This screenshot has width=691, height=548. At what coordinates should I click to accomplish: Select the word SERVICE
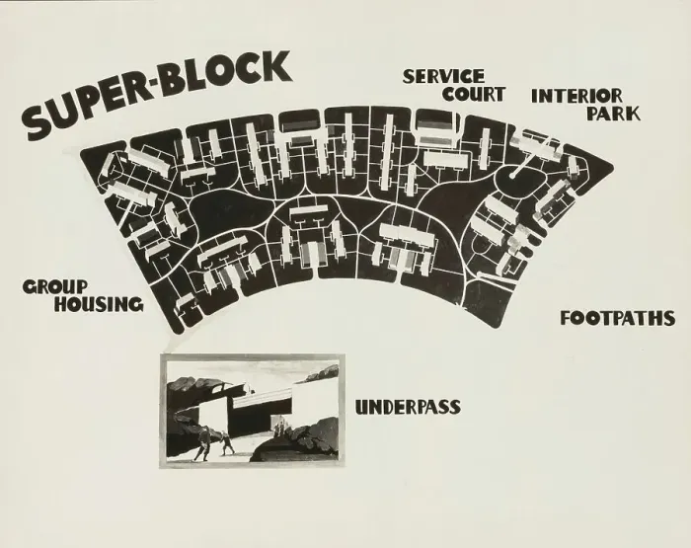[x=443, y=77]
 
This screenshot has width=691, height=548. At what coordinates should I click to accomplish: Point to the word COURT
[x=473, y=94]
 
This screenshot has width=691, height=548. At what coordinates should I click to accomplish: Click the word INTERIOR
[x=576, y=96]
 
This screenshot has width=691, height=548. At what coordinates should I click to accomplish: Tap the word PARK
[x=613, y=114]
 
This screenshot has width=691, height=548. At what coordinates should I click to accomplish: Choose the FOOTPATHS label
[x=617, y=318]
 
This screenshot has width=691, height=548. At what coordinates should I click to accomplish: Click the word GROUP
[x=55, y=287]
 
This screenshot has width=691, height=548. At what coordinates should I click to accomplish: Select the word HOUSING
[x=99, y=304]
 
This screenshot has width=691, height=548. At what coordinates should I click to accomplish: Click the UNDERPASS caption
[x=408, y=407]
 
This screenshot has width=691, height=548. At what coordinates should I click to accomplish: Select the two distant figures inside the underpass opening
[x=279, y=428]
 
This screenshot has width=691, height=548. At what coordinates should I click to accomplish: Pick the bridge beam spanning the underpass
[x=263, y=400]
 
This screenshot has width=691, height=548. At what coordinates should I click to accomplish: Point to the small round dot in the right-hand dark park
[x=511, y=176]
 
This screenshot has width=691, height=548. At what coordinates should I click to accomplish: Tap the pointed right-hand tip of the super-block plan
[x=613, y=167]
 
